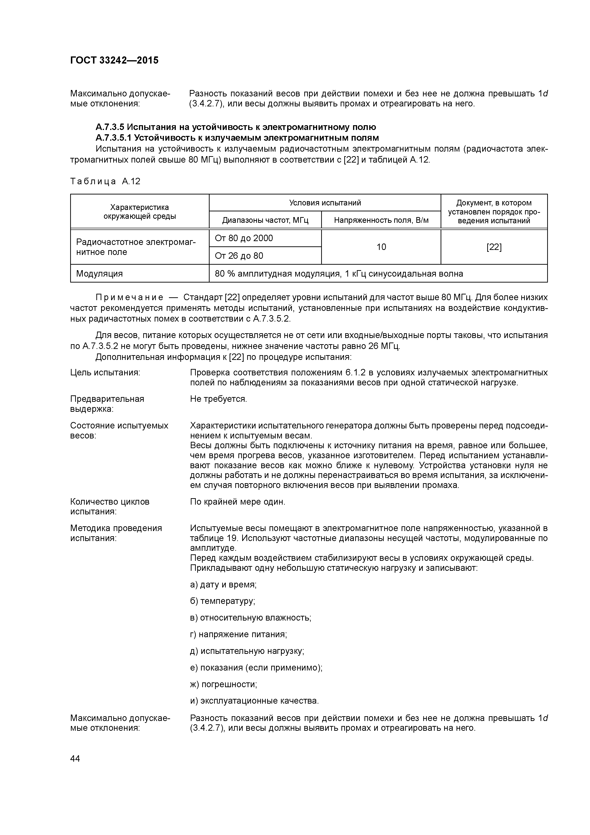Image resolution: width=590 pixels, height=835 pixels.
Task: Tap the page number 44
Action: coord(75,759)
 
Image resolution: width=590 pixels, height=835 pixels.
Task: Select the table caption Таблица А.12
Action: coord(105,181)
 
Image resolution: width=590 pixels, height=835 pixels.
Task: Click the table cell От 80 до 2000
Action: coord(244,238)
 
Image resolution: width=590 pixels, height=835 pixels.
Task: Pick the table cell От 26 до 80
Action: coord(239,256)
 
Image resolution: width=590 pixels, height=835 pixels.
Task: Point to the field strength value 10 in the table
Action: coord(381,247)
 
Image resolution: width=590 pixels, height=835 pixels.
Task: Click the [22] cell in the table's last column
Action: coord(494,247)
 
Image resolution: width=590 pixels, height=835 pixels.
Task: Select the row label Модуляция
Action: coord(99,273)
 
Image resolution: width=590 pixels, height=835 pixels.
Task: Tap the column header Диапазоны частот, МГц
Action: coord(265,220)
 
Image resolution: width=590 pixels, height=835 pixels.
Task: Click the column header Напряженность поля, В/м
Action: coord(381,220)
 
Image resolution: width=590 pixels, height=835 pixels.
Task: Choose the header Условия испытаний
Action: coord(325,203)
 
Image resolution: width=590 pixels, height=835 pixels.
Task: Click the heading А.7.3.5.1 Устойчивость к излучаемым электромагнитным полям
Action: coord(237,138)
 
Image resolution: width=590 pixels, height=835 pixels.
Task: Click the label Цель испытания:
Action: coord(105,373)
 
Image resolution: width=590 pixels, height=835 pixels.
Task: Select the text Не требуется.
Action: coord(218,399)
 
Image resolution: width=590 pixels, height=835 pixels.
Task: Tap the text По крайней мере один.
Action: coord(237,502)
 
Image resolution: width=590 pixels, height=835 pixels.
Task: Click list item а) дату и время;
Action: coord(223,584)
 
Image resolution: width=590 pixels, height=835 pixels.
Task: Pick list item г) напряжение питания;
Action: coord(238,634)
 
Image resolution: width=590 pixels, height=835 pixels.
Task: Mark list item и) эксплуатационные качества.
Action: coord(254,701)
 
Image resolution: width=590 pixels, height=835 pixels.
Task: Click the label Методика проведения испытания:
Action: coord(116,533)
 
